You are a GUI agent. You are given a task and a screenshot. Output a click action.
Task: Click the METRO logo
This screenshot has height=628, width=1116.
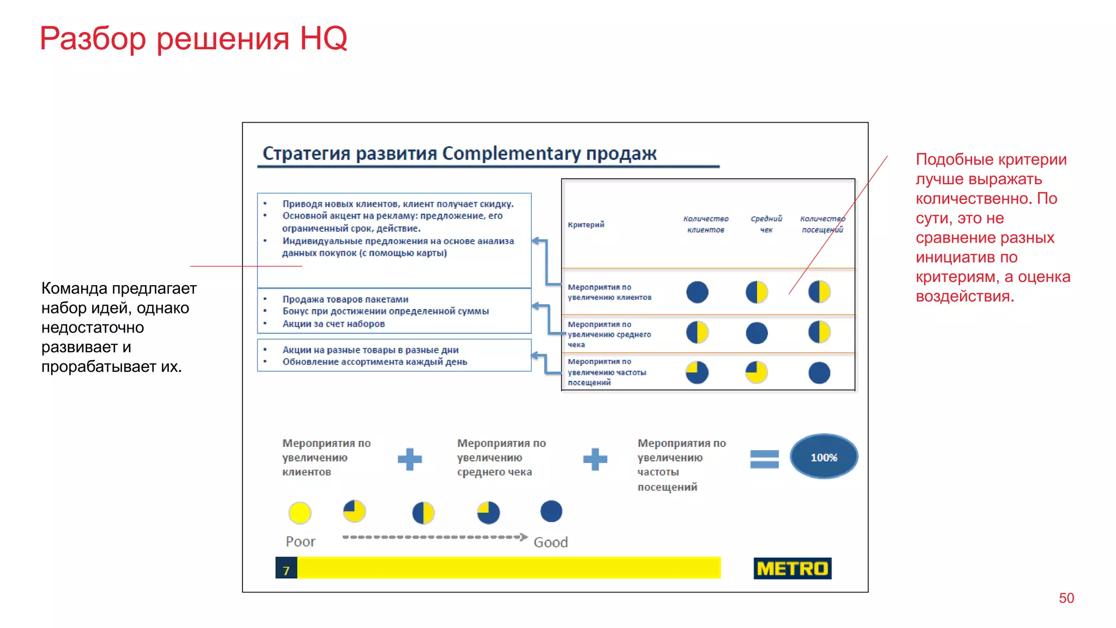tap(792, 568)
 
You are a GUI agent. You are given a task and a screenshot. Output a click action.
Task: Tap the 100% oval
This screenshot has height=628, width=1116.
tap(823, 457)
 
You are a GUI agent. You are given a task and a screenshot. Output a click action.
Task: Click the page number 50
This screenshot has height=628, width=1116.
tap(1066, 598)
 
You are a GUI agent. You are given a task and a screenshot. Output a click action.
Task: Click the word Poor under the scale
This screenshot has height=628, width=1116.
tap(300, 541)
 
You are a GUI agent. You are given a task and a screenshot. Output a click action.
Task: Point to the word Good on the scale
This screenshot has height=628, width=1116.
tap(550, 542)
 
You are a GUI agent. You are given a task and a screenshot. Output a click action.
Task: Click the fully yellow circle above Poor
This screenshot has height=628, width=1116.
tap(300, 512)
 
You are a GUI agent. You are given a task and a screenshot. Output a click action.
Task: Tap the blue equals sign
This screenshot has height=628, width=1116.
tap(764, 459)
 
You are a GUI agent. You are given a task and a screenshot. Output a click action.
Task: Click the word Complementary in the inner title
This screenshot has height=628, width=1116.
tap(511, 153)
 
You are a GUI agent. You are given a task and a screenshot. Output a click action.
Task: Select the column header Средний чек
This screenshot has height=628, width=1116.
tap(766, 224)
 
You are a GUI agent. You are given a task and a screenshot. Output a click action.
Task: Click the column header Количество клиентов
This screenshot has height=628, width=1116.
tap(706, 224)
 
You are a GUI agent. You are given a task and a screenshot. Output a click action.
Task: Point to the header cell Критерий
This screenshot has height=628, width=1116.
tap(586, 225)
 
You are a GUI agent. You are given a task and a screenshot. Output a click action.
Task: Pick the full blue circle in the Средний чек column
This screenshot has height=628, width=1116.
tap(756, 333)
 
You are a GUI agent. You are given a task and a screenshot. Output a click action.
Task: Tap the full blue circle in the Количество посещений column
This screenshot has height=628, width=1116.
tap(819, 373)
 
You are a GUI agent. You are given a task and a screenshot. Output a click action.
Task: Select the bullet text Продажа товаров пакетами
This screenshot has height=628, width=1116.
tap(345, 299)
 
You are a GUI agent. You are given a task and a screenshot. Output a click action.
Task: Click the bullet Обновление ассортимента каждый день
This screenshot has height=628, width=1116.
tap(374, 362)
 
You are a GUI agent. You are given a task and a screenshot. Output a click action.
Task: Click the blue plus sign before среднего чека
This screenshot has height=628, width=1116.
tap(410, 459)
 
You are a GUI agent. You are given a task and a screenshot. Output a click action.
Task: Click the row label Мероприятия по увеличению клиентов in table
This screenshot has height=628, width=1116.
tap(609, 292)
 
